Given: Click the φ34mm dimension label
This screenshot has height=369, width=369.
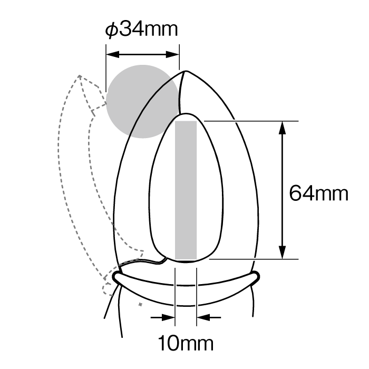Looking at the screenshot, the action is tap(141, 30).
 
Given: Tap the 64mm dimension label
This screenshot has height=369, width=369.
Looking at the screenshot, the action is tap(318, 193).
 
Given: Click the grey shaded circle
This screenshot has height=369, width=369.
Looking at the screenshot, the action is tap(143, 101).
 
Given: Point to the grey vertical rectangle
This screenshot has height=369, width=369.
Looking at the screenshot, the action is tap(186, 190).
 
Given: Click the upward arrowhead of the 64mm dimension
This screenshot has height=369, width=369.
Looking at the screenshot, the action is tap(282, 128).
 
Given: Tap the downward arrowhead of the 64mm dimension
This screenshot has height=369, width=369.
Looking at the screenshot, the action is tap(282, 253).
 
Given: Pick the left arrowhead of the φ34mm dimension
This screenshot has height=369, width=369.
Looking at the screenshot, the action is tap(113, 55).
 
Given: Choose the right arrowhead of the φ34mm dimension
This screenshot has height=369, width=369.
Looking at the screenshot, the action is tap(172, 55).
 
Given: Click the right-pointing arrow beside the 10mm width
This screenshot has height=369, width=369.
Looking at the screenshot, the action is tap(163, 317).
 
